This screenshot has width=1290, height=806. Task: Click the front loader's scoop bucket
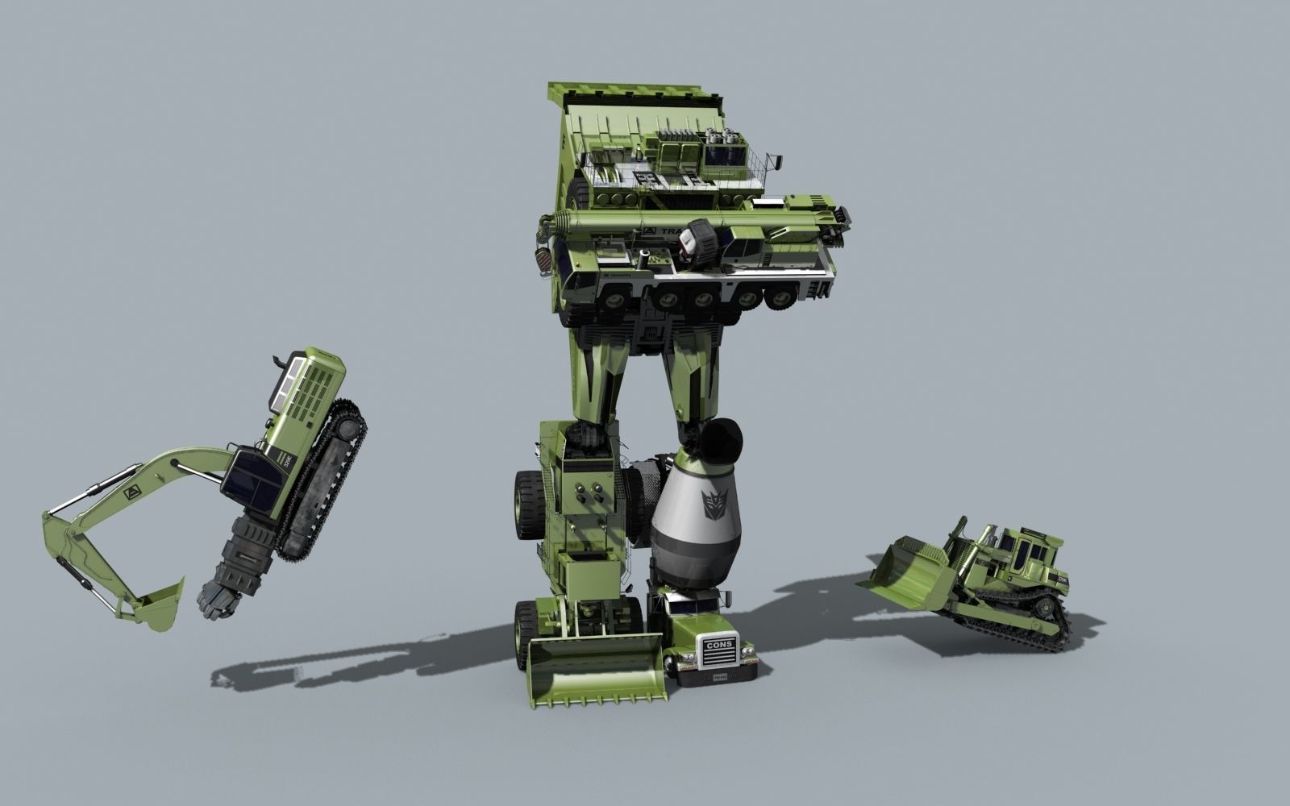point(596,669)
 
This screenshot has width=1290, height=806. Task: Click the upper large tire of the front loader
point(529,504)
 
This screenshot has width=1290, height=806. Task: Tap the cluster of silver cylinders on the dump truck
point(720,137)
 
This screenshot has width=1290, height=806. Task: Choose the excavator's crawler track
point(322,484)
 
